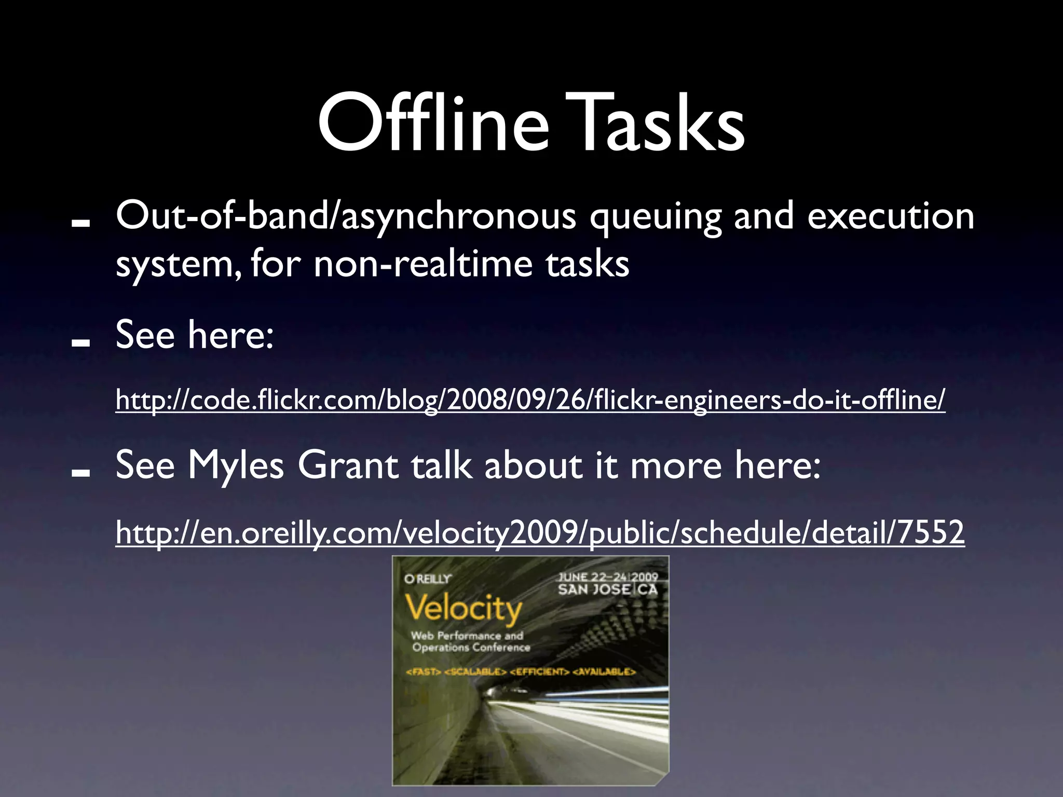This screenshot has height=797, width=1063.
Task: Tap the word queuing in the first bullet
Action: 655,217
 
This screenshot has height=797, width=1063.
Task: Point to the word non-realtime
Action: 423,264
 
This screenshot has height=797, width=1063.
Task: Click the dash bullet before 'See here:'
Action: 81,342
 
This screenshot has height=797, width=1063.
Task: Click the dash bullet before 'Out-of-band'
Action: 81,223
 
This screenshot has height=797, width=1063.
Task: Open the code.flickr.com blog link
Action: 530,400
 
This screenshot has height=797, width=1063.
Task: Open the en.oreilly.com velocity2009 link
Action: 540,532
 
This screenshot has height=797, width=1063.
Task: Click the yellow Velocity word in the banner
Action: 463,608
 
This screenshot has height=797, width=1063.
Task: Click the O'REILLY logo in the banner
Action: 428,579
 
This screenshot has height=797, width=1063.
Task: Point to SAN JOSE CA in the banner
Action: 607,590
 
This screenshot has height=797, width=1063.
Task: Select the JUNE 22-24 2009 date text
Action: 607,577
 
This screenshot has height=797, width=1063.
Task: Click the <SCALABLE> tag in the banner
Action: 475,672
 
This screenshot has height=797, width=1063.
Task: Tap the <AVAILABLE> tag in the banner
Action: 604,672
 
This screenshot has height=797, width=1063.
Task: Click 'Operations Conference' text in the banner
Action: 471,648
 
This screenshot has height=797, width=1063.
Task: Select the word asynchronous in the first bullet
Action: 458,217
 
